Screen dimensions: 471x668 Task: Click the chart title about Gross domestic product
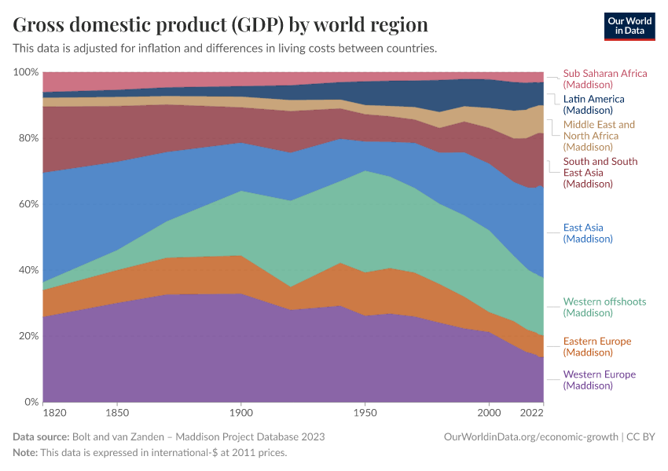(x=221, y=24)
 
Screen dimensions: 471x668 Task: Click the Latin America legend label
(x=593, y=104)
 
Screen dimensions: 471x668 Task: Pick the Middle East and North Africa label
(x=599, y=135)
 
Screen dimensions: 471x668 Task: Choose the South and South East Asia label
(x=600, y=173)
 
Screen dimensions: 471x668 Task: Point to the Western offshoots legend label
(x=600, y=307)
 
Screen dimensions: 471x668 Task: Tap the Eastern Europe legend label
(x=597, y=346)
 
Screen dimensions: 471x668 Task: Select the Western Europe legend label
(x=599, y=379)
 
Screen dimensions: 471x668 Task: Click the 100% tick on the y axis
(x=26, y=72)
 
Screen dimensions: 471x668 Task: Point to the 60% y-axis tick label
(x=28, y=204)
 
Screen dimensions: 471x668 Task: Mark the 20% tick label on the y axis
(x=28, y=336)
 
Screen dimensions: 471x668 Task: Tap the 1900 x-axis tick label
(x=241, y=412)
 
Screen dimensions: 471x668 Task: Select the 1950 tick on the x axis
(x=365, y=412)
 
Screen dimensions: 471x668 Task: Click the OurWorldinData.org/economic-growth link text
(x=531, y=436)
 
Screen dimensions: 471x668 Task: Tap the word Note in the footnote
(x=26, y=453)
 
